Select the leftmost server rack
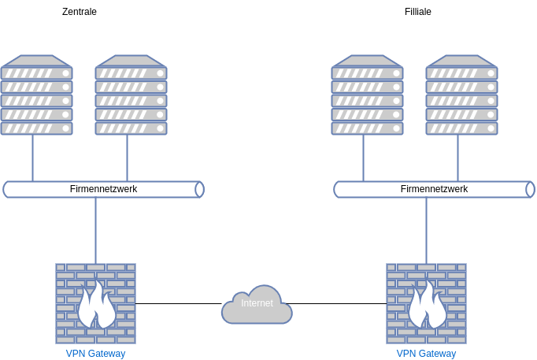point(36,95)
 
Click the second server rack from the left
point(131,95)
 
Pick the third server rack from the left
point(367,95)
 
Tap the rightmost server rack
point(461,95)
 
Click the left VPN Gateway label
point(95,354)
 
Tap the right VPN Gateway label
point(426,354)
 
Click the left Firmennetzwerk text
point(103,189)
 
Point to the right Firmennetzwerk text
point(434,189)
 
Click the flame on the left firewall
point(96,307)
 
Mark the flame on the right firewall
point(427,307)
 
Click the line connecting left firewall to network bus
point(95,230)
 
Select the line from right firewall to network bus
point(426,230)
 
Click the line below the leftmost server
point(32,158)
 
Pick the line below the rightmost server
point(457,158)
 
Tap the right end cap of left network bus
point(199,189)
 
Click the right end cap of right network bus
point(530,189)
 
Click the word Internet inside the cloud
point(257,303)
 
